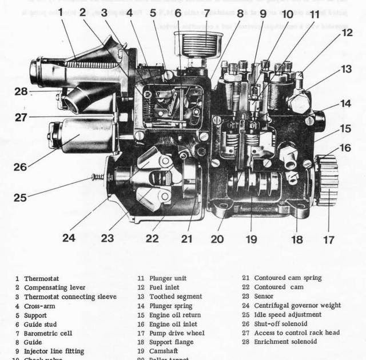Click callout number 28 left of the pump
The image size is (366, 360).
click(21, 91)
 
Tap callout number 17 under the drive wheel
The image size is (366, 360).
click(328, 240)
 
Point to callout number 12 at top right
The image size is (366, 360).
click(348, 33)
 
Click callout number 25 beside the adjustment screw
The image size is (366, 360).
click(20, 198)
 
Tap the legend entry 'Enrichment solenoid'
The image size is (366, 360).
click(285, 342)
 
